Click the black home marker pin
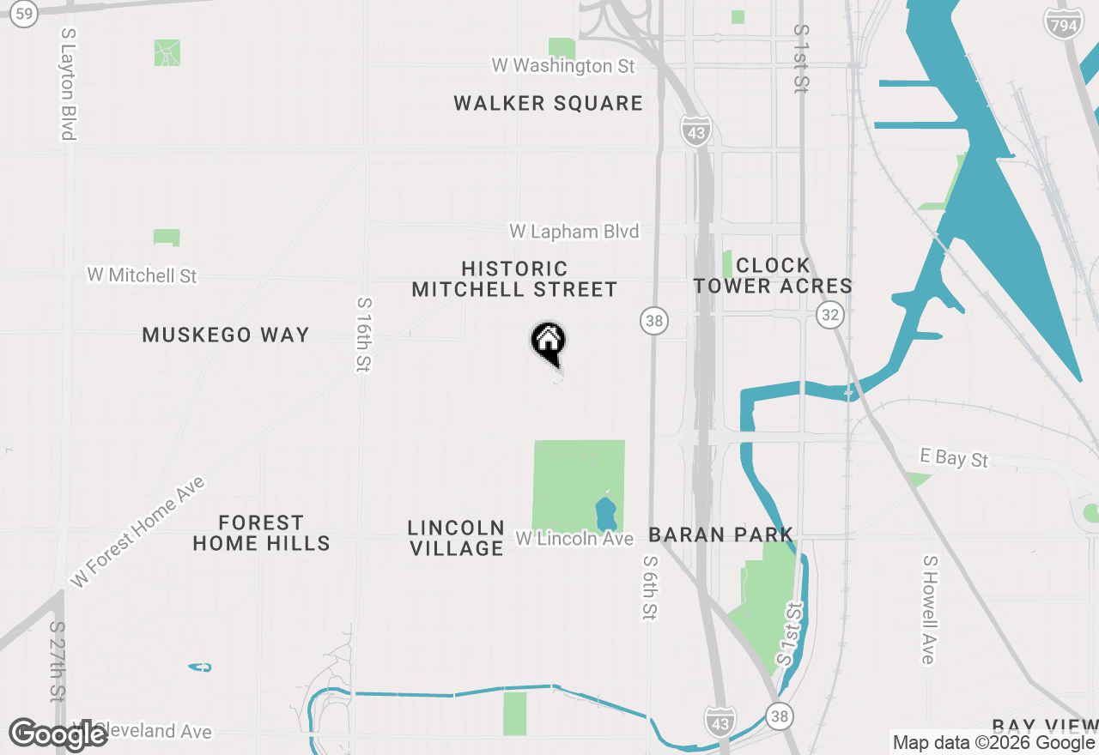548,342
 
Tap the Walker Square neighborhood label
548,104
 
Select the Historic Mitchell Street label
514,280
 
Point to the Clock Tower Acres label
773,275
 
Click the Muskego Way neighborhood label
226,335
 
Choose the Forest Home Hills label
261,533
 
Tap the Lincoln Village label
456,538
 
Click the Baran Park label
720,535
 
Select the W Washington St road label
562,65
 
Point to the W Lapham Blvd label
574,232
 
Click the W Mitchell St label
142,275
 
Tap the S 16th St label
364,335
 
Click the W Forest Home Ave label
138,532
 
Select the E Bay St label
954,457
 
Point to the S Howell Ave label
928,609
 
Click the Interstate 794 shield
1063,24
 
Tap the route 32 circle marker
829,315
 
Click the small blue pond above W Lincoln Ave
605,514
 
